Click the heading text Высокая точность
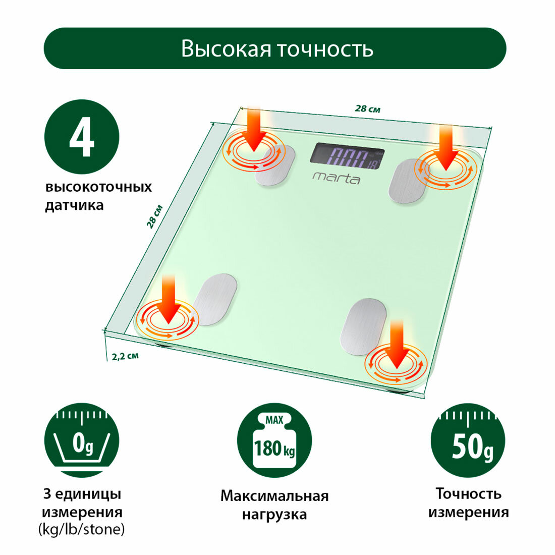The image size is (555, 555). [277, 49]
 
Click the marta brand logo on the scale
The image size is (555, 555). [336, 177]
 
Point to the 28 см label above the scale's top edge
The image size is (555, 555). [367, 108]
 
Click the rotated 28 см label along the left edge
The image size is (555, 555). [154, 216]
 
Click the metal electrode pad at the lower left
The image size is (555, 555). [215, 299]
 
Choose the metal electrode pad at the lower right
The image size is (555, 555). [363, 325]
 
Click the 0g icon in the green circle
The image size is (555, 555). [82, 440]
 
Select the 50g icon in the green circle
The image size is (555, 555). [468, 440]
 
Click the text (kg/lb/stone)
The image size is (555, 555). [81, 530]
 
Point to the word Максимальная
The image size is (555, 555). [274, 496]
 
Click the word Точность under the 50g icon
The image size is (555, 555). [469, 493]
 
